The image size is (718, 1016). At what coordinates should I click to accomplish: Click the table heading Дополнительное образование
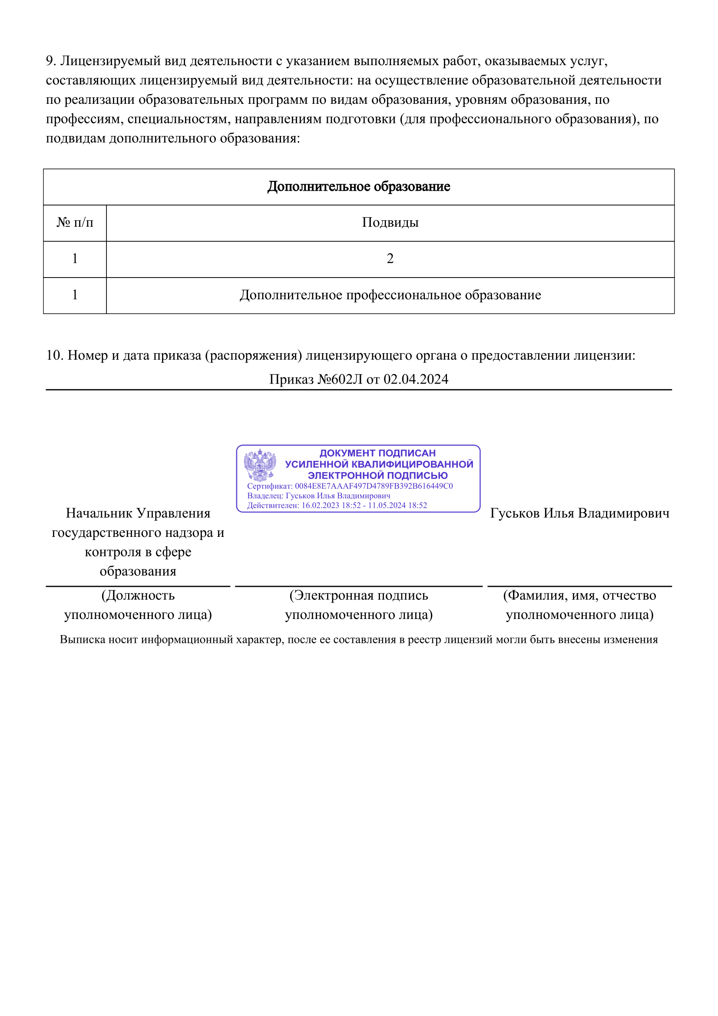(x=358, y=187)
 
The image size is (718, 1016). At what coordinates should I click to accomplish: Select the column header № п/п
(x=75, y=222)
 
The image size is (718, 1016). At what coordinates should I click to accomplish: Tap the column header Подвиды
(x=390, y=222)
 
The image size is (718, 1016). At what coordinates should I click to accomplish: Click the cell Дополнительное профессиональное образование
(x=390, y=295)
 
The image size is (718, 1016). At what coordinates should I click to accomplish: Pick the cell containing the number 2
(x=390, y=259)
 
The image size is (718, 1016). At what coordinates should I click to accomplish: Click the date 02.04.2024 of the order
(x=416, y=379)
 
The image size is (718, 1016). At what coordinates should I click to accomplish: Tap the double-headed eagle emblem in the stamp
(x=260, y=465)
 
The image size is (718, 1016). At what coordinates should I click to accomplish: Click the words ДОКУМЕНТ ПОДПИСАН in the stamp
(x=377, y=453)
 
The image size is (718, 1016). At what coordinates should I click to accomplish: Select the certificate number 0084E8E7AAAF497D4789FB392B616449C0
(x=374, y=486)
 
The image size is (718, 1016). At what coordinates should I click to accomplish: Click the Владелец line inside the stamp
(x=318, y=496)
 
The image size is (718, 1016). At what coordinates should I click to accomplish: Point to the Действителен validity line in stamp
(x=337, y=505)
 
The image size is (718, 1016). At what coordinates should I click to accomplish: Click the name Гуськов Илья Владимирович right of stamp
(x=579, y=513)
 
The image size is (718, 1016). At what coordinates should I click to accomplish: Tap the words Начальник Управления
(x=138, y=513)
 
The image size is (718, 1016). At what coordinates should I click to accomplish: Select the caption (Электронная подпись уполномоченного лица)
(x=358, y=605)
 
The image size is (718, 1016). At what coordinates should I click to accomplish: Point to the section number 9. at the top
(x=51, y=61)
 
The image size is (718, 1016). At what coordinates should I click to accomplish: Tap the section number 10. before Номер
(x=55, y=355)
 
